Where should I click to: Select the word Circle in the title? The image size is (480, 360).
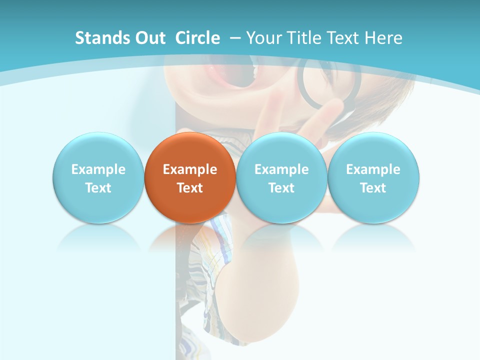[x=197, y=38]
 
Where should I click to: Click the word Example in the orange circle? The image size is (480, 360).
[x=190, y=169]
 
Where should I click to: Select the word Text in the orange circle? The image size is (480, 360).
[x=190, y=188]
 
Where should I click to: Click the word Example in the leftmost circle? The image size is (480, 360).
[x=98, y=169]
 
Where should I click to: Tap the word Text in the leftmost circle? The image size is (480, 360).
[x=98, y=188]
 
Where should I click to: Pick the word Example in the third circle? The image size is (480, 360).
[x=281, y=169]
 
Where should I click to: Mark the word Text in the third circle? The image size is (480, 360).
[x=281, y=188]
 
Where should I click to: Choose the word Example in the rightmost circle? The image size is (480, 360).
[x=373, y=169]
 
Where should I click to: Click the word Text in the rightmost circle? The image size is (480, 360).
[x=373, y=188]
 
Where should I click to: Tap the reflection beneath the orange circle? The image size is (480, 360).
[x=190, y=237]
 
